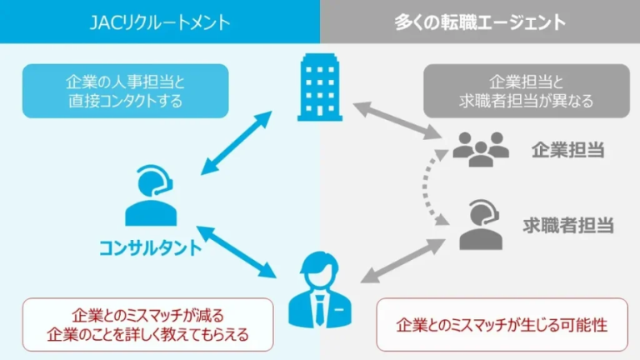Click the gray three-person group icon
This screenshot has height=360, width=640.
[481, 149]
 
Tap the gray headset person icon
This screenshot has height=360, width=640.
[481, 224]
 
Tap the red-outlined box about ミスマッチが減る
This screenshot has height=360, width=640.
[148, 326]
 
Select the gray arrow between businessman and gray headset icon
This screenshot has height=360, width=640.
[398, 260]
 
